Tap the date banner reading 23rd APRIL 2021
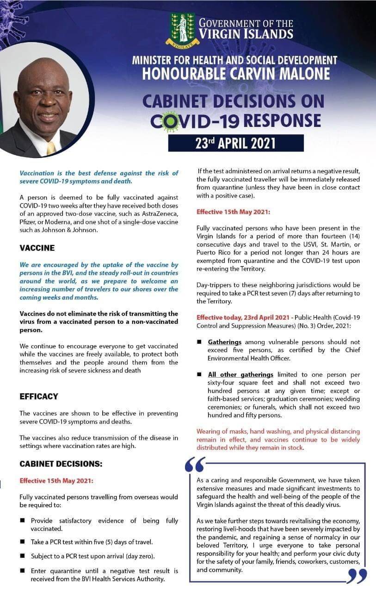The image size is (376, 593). click(x=235, y=143)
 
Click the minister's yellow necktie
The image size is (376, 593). click(x=51, y=148)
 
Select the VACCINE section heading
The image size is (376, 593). click(x=37, y=248)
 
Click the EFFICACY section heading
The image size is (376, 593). click(x=39, y=397)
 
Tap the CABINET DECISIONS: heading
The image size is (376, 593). click(x=61, y=464)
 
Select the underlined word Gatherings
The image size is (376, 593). click(x=225, y=342)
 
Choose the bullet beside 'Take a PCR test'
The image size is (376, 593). click(x=23, y=541)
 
